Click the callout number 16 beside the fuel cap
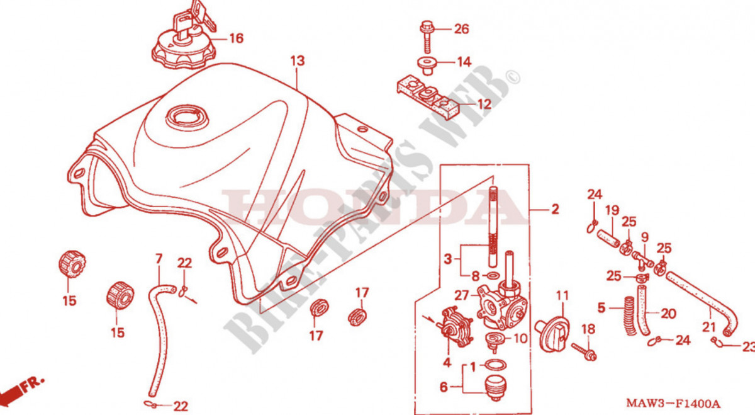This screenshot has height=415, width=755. coord(235,39)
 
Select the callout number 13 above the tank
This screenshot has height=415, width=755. coord(297,61)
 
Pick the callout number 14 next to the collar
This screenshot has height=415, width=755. coord(464,62)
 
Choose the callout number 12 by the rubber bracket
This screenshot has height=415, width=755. coord(484,105)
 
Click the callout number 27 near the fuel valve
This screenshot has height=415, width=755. coord(462,294)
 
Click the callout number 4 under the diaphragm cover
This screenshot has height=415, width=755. coord(447,363)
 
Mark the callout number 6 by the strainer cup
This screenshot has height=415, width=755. coord(444,388)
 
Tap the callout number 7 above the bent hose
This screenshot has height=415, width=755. coord(159,259)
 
